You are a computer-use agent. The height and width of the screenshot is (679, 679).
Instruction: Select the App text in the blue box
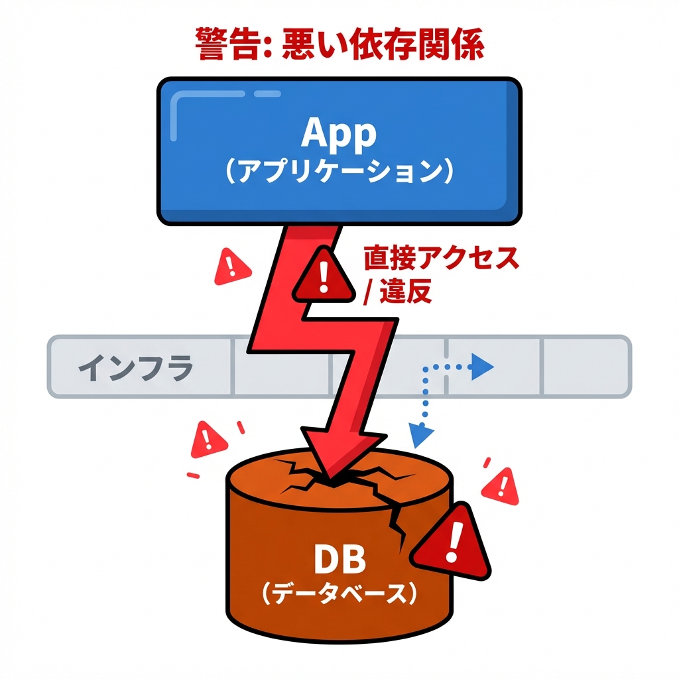(338, 134)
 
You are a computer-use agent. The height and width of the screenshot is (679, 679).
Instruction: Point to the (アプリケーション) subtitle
(339, 170)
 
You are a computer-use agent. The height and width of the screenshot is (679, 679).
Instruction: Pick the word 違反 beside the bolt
(406, 292)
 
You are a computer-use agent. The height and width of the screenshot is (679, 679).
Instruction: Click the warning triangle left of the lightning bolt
(231, 267)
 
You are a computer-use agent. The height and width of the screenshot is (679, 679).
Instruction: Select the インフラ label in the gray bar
(136, 367)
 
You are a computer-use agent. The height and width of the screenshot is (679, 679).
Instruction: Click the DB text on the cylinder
(339, 561)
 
